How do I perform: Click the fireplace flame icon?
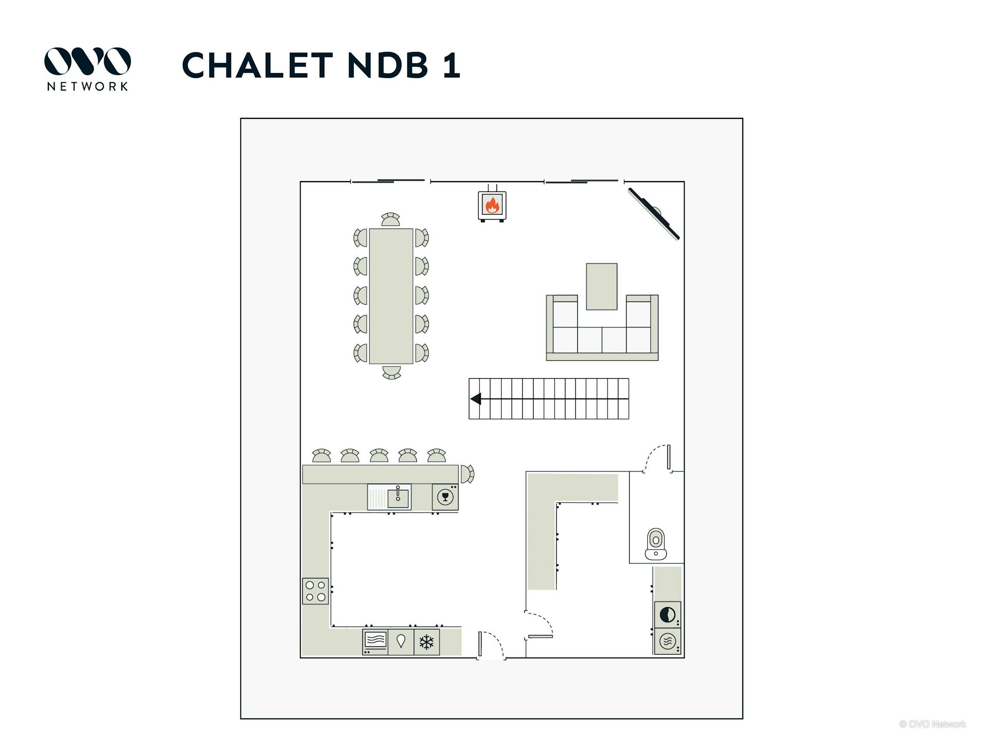coord(492,205)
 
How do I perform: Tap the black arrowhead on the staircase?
coord(476,398)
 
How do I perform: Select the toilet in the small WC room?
coord(655,543)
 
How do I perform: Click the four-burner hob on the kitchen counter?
coord(315,591)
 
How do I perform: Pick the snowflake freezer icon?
coord(426,642)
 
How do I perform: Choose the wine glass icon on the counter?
coord(445,497)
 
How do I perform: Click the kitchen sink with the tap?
coord(398,497)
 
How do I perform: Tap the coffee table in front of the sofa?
coord(601,286)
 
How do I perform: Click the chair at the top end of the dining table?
coord(391,220)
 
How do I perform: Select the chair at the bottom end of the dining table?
coord(391,372)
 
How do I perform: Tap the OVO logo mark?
coord(87,61)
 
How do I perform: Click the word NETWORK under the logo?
coord(87,86)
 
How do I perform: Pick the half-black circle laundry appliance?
coord(667,614)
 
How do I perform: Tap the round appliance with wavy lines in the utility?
coord(667,641)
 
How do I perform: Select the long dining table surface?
coord(391,296)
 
